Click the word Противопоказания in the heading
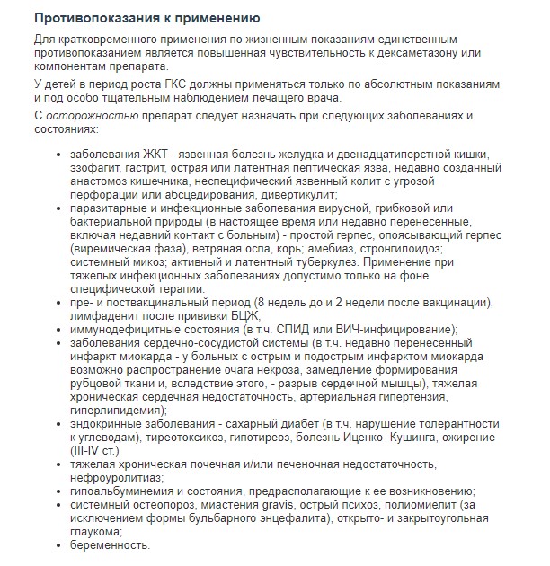[x=82, y=18]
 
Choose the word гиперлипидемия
[x=116, y=411]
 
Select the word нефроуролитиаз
[x=113, y=478]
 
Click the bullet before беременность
[x=59, y=545]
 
